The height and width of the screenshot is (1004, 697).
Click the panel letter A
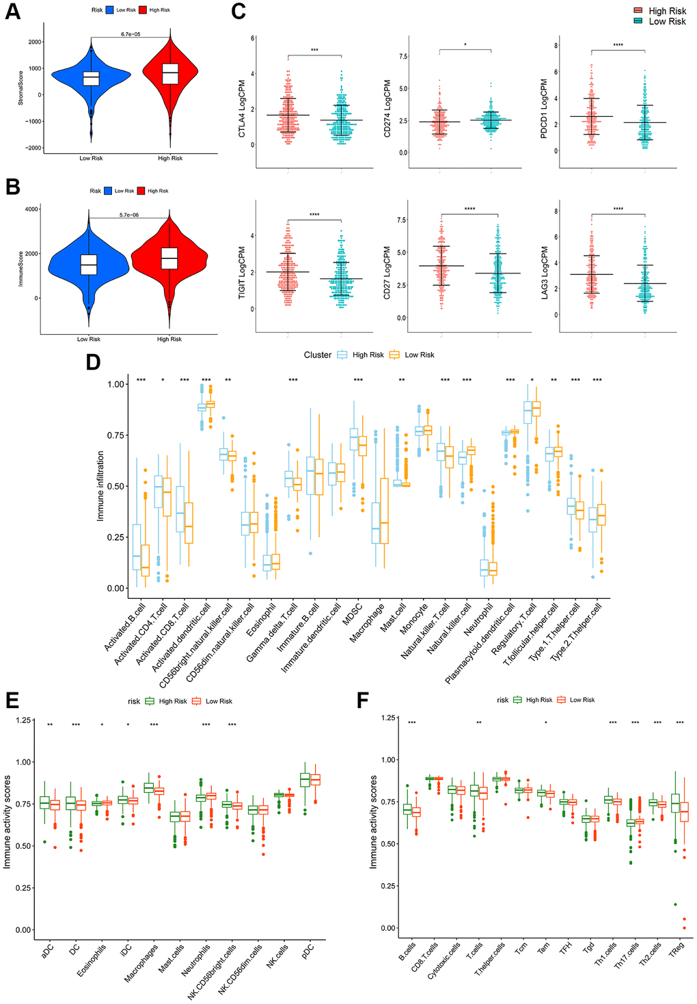click(13, 12)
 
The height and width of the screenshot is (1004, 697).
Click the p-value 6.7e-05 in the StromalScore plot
click(131, 34)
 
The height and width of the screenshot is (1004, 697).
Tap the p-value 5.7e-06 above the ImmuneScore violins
click(129, 215)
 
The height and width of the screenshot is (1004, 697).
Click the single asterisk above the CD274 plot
click(465, 45)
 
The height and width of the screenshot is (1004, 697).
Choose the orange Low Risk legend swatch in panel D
click(394, 355)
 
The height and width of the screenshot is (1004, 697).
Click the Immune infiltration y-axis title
click(100, 486)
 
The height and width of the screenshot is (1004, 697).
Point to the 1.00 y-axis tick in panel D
click(115, 384)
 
